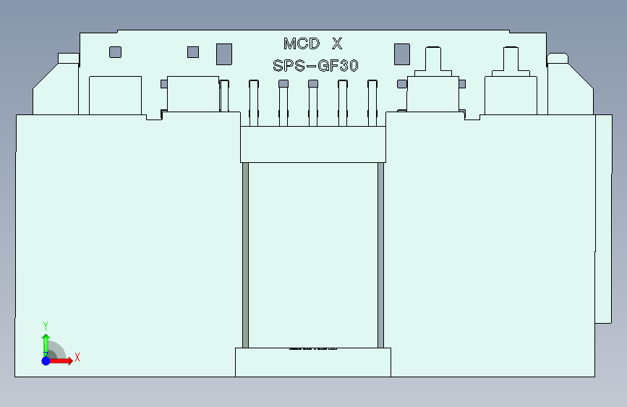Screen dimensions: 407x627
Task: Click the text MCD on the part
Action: (x=301, y=43)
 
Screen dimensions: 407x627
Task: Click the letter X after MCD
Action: (x=337, y=43)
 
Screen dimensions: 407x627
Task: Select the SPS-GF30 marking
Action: (x=316, y=66)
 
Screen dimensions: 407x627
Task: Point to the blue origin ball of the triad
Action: (x=46, y=360)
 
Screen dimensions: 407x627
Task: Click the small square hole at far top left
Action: (x=115, y=52)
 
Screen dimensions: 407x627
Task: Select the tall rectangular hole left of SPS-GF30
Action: (x=224, y=54)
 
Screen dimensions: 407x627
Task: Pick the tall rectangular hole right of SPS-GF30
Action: (x=401, y=54)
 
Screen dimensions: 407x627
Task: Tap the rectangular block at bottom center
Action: (x=312, y=362)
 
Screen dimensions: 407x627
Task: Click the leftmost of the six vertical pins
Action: (x=224, y=101)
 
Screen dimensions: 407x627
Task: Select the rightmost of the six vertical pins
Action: (x=372, y=101)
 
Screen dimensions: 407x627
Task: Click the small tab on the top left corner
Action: (x=68, y=58)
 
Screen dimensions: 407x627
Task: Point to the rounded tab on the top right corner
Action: (x=558, y=57)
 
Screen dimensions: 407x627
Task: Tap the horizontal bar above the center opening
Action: (x=312, y=143)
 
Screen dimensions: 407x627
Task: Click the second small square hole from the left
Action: (x=192, y=51)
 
